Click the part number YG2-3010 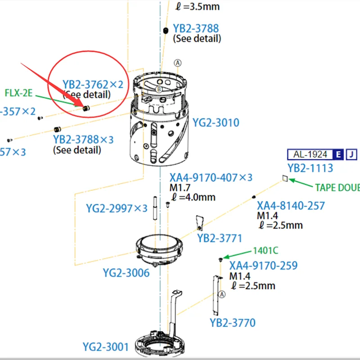coord(216,122)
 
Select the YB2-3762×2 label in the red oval coord(93,84)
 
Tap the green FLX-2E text coord(19,93)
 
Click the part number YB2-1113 coord(310,168)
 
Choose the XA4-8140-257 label coord(291,206)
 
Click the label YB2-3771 coord(220,238)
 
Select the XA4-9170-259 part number coord(263,265)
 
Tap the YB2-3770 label coord(232,323)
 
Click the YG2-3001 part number coord(106,346)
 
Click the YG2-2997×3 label coord(117,208)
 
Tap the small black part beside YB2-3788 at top coord(166,30)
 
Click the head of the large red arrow coord(84,106)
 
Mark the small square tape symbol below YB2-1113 coord(284,179)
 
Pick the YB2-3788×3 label coord(83,139)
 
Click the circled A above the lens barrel coord(178,63)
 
